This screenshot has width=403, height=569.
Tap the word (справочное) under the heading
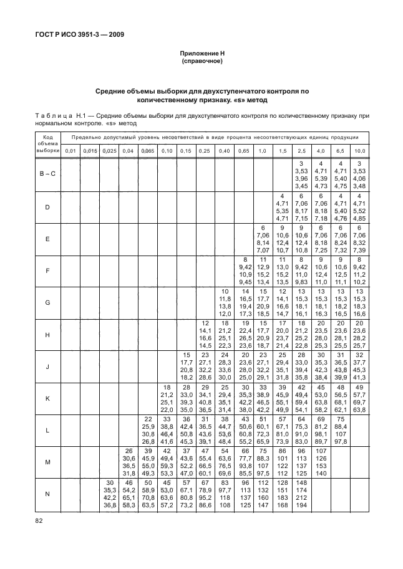coord(201,62)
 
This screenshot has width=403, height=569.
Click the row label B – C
coord(47,174)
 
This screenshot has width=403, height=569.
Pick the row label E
coord(47,239)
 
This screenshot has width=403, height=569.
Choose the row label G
coord(47,304)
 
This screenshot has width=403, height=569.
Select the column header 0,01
coord(71,151)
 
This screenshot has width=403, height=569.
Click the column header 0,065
coord(148,151)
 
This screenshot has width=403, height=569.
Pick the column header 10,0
coord(360,151)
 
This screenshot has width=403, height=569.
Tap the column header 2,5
coord(302,151)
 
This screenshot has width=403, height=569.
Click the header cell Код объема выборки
coord(47,143)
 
